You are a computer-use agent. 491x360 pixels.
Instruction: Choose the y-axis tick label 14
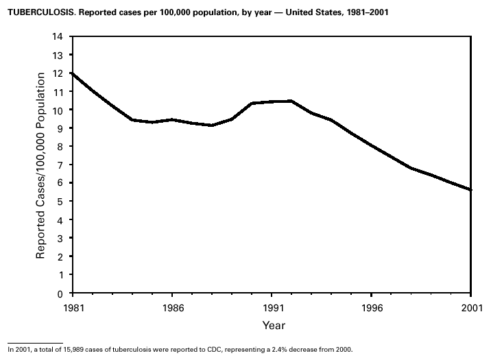[x=58, y=36]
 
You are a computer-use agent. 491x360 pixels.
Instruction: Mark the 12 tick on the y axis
[x=58, y=73]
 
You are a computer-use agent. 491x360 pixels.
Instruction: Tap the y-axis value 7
[x=60, y=165]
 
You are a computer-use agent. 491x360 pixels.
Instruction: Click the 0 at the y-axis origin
[x=60, y=293]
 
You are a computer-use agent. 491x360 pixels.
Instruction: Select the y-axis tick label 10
[x=58, y=110]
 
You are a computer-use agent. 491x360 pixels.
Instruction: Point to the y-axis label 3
[x=60, y=238]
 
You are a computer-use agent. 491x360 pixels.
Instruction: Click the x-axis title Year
[x=273, y=325]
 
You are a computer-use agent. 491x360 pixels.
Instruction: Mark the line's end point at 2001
[x=470, y=190]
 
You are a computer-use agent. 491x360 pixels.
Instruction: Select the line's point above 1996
[x=371, y=145]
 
